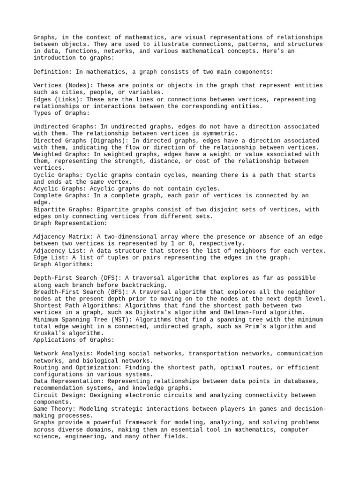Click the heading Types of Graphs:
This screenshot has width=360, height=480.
(x=61, y=113)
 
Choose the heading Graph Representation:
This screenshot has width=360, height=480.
(x=70, y=223)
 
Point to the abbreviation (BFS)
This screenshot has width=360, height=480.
(x=127, y=292)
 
